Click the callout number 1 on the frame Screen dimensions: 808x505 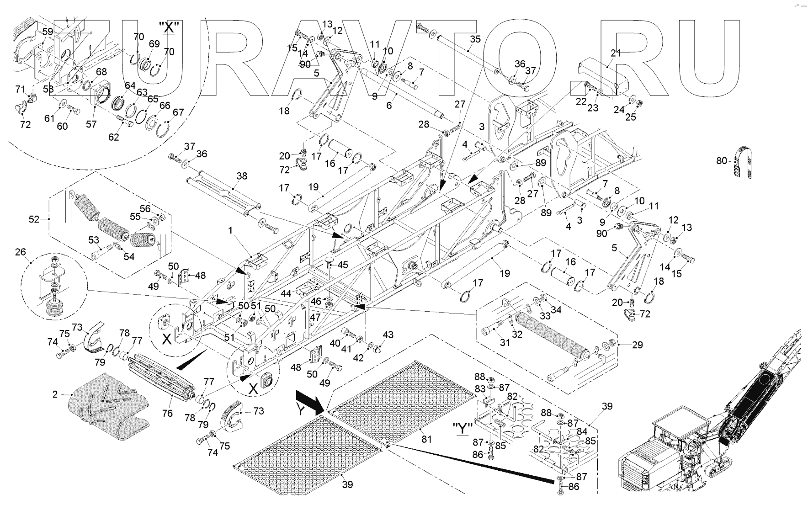tap(231, 231)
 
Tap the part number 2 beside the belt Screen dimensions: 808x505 tap(55, 394)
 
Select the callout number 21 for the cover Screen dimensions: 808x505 tap(616, 53)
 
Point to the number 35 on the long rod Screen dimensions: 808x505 tap(475, 39)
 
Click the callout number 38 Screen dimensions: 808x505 tap(242, 176)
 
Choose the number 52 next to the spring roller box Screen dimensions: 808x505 tap(34, 219)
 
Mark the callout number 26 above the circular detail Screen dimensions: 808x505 tap(21, 252)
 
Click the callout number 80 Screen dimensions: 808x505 tap(722, 161)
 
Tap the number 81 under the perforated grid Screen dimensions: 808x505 tap(426, 440)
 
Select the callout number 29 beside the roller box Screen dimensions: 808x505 tap(637, 345)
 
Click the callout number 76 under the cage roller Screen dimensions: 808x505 tap(168, 413)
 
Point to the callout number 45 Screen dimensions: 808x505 tap(343, 265)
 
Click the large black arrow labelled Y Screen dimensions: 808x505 tap(310, 402)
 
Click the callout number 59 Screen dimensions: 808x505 tap(48, 32)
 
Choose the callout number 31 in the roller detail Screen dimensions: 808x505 tap(505, 342)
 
